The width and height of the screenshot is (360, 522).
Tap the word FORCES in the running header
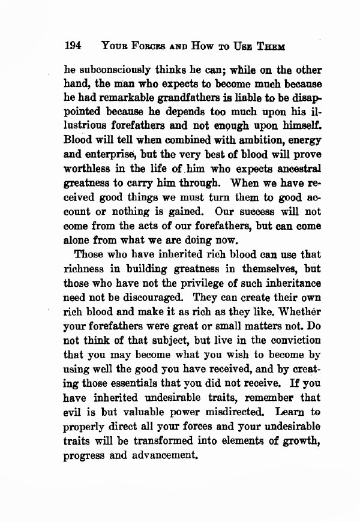[x=141, y=46]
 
